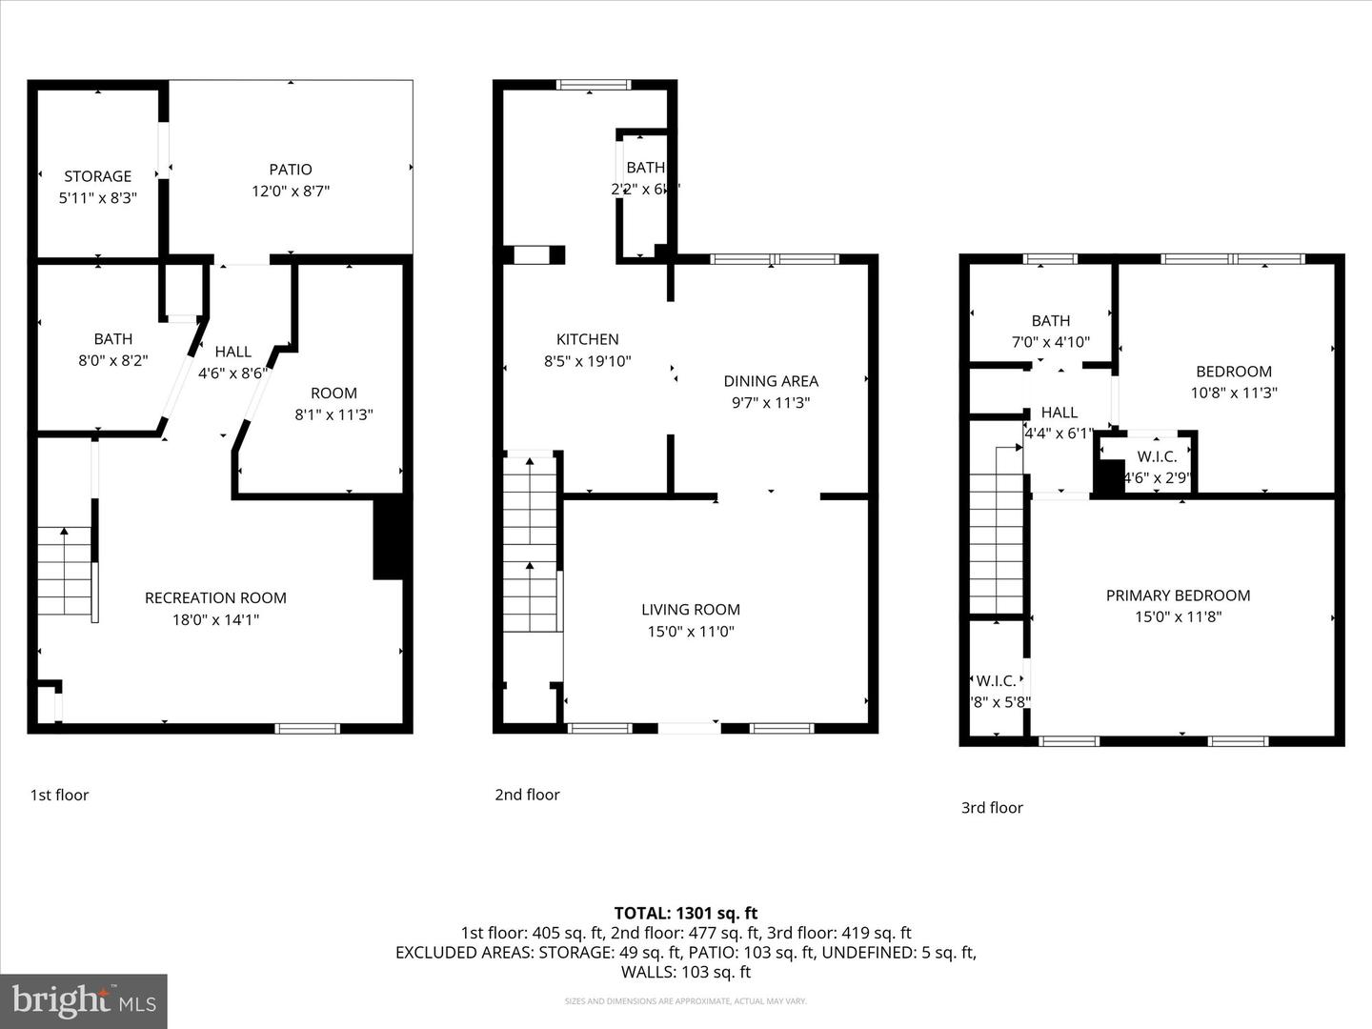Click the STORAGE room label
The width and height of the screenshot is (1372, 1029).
[97, 176]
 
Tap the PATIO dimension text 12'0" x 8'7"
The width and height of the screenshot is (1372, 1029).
[290, 191]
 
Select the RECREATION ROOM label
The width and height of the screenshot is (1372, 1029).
[215, 597]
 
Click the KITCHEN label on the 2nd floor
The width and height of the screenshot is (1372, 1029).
[587, 339]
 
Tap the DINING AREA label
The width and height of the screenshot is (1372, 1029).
[770, 381]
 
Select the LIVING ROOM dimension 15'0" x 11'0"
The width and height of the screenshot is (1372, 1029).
[690, 631]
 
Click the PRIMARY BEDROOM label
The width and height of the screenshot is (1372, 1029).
[1178, 595]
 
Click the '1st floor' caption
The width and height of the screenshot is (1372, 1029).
[59, 795]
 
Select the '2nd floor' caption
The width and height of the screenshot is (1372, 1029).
[527, 795]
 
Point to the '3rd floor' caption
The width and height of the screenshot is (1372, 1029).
[992, 808]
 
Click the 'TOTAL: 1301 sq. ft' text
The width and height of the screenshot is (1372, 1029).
[686, 913]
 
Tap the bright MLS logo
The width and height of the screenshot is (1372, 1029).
[84, 1000]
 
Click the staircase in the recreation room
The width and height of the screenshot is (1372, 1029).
[65, 572]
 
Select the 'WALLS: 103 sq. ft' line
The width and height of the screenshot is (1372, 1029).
[686, 972]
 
